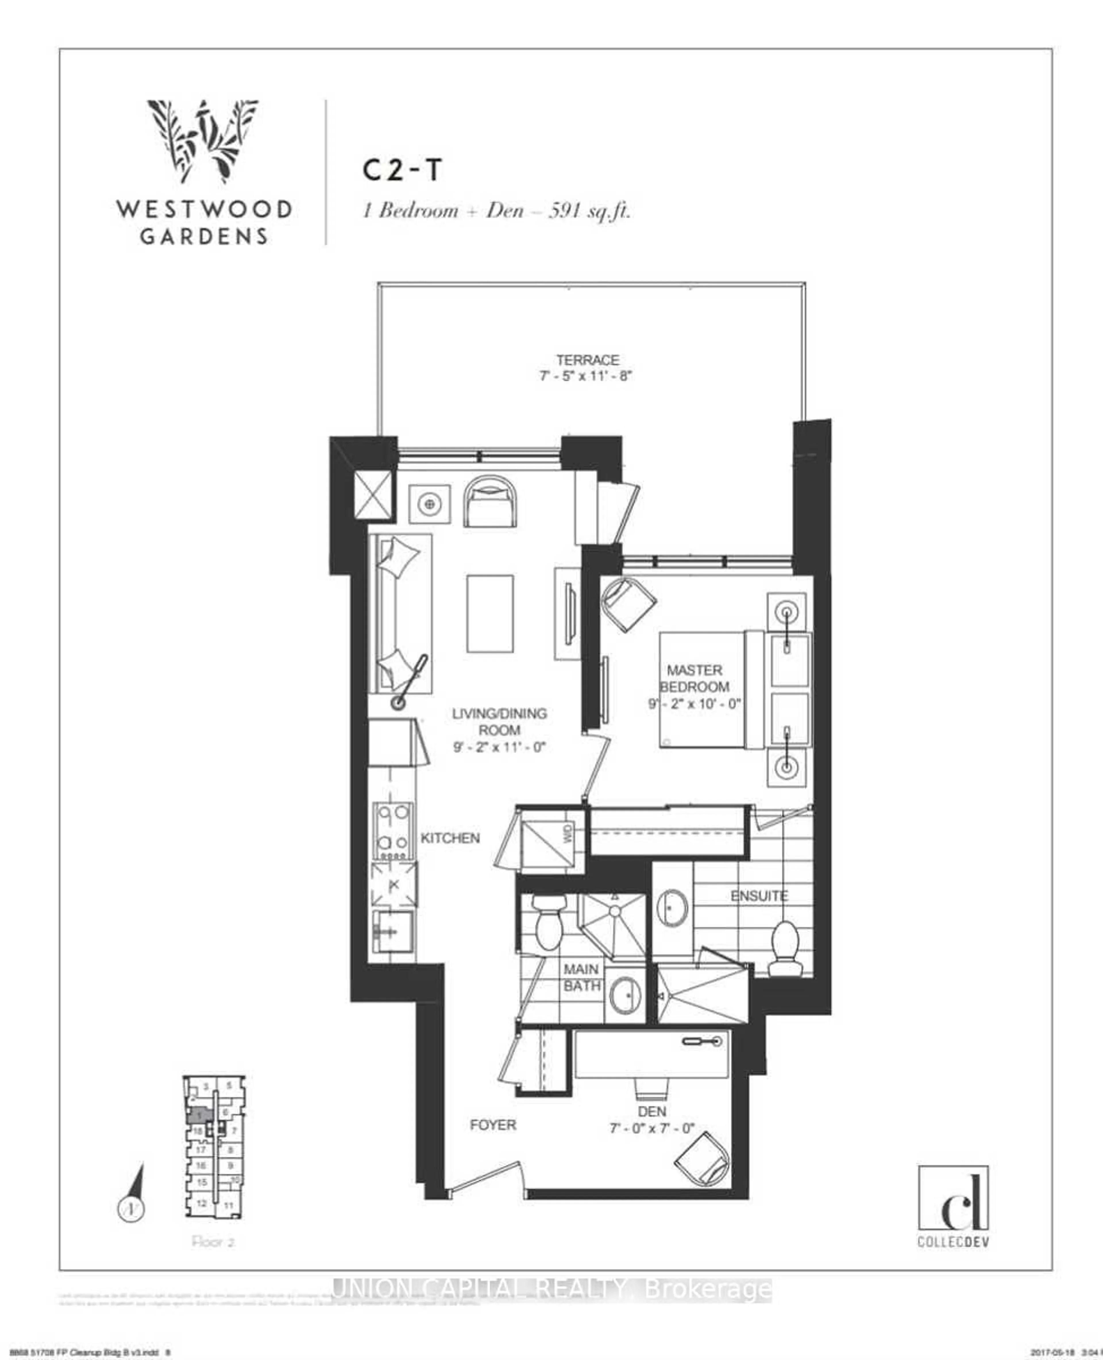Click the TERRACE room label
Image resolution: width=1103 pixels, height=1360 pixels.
[587, 360]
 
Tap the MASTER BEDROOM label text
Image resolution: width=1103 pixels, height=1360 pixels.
[695, 678]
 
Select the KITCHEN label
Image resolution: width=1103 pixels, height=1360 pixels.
[450, 838]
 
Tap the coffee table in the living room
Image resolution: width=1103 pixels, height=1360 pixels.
[490, 614]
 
